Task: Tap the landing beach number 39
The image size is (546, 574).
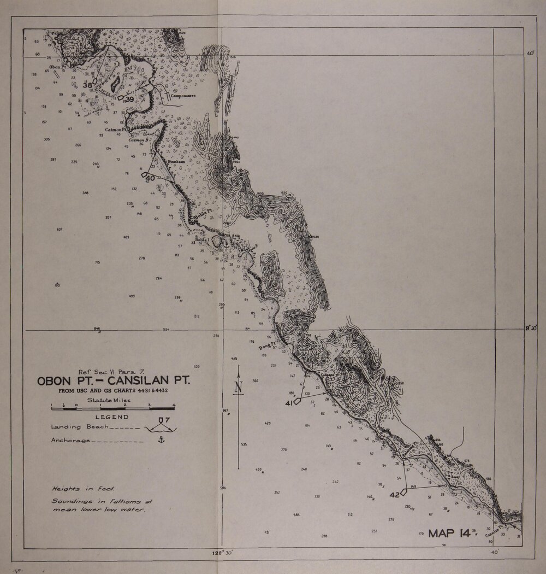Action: point(129,99)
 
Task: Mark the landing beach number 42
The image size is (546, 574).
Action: point(395,494)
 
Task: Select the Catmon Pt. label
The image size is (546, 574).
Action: point(116,130)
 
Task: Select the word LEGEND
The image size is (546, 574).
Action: point(112,417)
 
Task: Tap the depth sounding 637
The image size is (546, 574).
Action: point(60,229)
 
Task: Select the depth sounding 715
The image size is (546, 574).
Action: point(97,263)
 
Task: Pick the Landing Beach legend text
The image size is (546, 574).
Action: point(76,426)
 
